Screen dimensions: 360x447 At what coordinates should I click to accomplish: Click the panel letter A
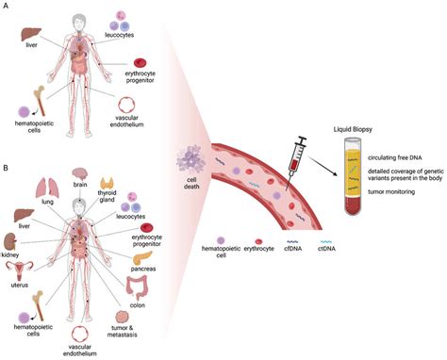coord(7,7)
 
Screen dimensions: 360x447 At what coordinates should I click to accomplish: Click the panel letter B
coord(7,169)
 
